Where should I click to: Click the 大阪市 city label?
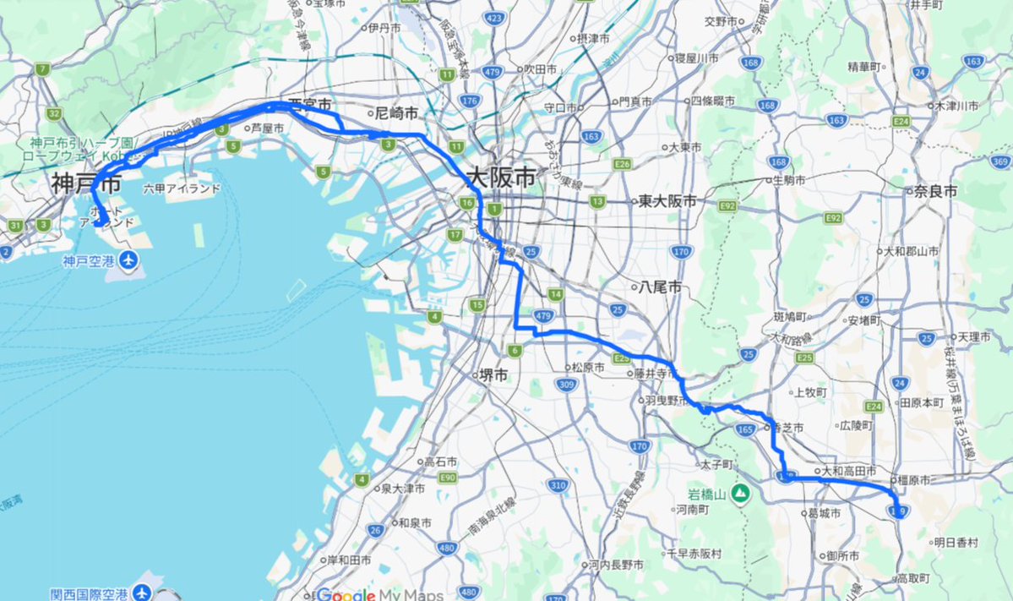click(501, 179)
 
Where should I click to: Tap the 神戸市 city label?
click(85, 183)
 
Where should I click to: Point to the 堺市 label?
click(493, 376)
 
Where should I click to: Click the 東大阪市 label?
click(667, 201)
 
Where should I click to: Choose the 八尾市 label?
click(662, 287)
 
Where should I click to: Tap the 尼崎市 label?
click(397, 112)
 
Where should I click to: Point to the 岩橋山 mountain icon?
click(741, 492)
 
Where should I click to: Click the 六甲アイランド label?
click(182, 188)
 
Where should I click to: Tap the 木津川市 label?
click(955, 107)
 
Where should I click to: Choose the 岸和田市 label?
click(349, 560)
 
